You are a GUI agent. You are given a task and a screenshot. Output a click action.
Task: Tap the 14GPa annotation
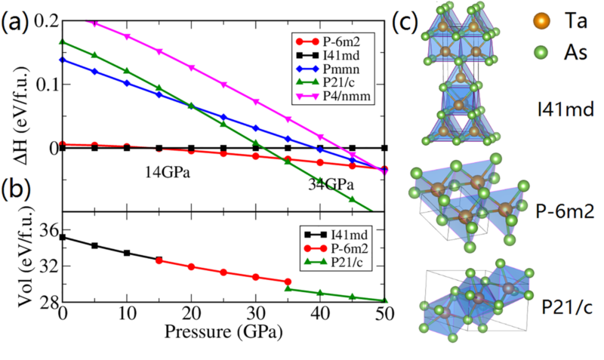pos(168,172)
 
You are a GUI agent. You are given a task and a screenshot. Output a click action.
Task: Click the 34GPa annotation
pos(329,185)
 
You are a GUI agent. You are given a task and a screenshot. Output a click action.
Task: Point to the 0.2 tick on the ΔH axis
pos(45,20)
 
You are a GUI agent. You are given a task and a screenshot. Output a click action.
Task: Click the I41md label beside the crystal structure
pos(556,108)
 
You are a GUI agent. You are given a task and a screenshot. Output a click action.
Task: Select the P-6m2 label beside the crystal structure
pos(562,208)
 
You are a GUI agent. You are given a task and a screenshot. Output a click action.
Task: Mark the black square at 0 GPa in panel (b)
pos(63,238)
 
